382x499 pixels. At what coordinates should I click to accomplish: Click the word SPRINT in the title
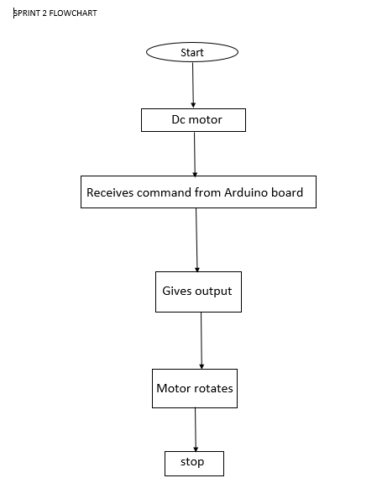pyautogui.click(x=27, y=13)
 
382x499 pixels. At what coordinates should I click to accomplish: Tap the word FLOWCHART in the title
pyautogui.click(x=73, y=13)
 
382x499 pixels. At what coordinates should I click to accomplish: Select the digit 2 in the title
pyautogui.click(x=44, y=13)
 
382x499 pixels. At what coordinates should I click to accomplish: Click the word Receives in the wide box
pyautogui.click(x=110, y=192)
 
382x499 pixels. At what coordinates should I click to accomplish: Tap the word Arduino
pyautogui.click(x=245, y=192)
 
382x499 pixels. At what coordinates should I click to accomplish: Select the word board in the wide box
pyautogui.click(x=287, y=192)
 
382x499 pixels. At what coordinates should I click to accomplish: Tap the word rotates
pyautogui.click(x=213, y=389)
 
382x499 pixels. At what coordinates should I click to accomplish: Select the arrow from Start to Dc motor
pyautogui.click(x=193, y=85)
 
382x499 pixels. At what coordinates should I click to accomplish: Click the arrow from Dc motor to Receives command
pyautogui.click(x=195, y=154)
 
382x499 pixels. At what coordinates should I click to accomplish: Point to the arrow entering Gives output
pyautogui.click(x=196, y=240)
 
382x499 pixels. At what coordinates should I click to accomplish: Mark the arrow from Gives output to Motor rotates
pyautogui.click(x=201, y=340)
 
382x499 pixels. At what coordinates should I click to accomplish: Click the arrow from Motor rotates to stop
pyautogui.click(x=196, y=429)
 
